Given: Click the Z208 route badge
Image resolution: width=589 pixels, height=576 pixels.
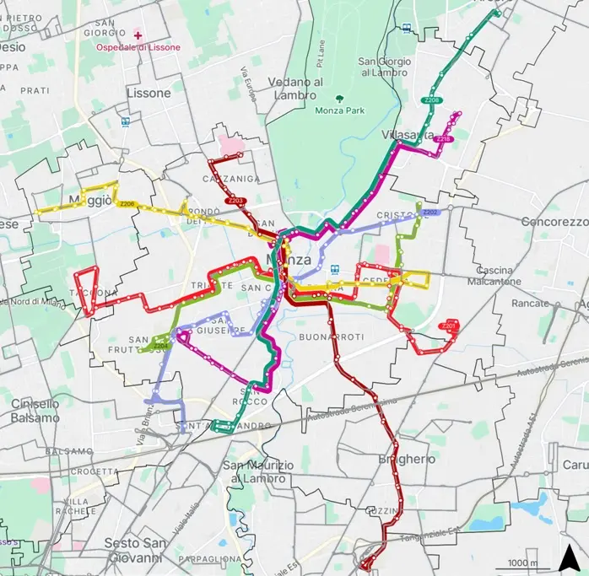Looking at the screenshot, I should (x=432, y=100).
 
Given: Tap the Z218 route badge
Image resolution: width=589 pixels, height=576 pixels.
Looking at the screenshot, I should (x=444, y=139).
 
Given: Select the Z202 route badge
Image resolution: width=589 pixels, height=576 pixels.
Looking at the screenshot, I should (x=430, y=213).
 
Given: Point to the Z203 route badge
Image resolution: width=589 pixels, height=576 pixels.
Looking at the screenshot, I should (x=235, y=201).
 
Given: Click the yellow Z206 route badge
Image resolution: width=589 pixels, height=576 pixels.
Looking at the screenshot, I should (x=127, y=204).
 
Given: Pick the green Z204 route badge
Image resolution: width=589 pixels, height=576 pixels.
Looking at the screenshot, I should (x=161, y=345).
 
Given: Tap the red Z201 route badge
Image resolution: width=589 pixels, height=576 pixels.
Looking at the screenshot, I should (x=449, y=326).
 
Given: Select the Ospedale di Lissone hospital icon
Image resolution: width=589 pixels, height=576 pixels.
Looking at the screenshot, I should (x=138, y=35).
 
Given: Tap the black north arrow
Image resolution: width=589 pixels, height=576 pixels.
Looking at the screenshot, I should (x=570, y=557).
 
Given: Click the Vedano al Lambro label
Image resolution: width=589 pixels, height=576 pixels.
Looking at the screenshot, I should (x=295, y=88).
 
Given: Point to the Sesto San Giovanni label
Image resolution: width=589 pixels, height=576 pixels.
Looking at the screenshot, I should (x=133, y=550).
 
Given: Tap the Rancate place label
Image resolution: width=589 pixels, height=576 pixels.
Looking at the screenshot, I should (x=531, y=303).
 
